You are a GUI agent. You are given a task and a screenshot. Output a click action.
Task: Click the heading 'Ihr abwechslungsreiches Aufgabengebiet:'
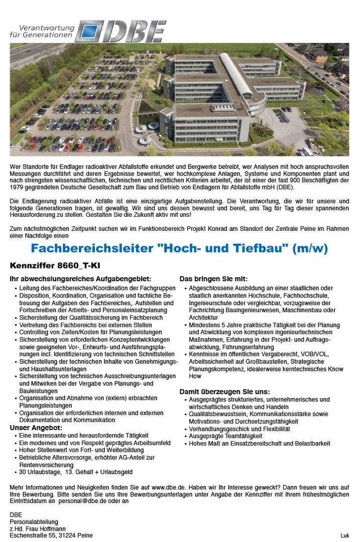coord(80,279)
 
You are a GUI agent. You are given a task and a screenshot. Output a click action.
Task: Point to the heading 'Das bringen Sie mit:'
coord(213,279)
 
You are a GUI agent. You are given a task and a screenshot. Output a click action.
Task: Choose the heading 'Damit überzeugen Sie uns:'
coord(224,391)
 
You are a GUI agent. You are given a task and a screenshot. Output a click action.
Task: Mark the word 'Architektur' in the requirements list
coord(204,318)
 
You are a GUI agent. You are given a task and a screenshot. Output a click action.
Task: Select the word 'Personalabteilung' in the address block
coord(34,521)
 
